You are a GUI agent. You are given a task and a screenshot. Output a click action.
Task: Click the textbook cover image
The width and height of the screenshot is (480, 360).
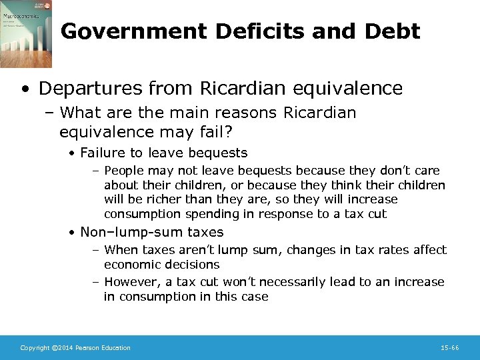(x=27, y=34)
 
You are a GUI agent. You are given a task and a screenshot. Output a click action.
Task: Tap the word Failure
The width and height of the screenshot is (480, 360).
(x=105, y=153)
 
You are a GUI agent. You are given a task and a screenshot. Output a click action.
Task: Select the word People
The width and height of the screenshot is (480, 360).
(x=125, y=170)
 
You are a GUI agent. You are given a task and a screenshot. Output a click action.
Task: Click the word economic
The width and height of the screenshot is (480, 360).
(x=133, y=264)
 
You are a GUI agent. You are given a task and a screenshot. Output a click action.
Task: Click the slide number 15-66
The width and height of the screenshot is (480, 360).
(x=450, y=347)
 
